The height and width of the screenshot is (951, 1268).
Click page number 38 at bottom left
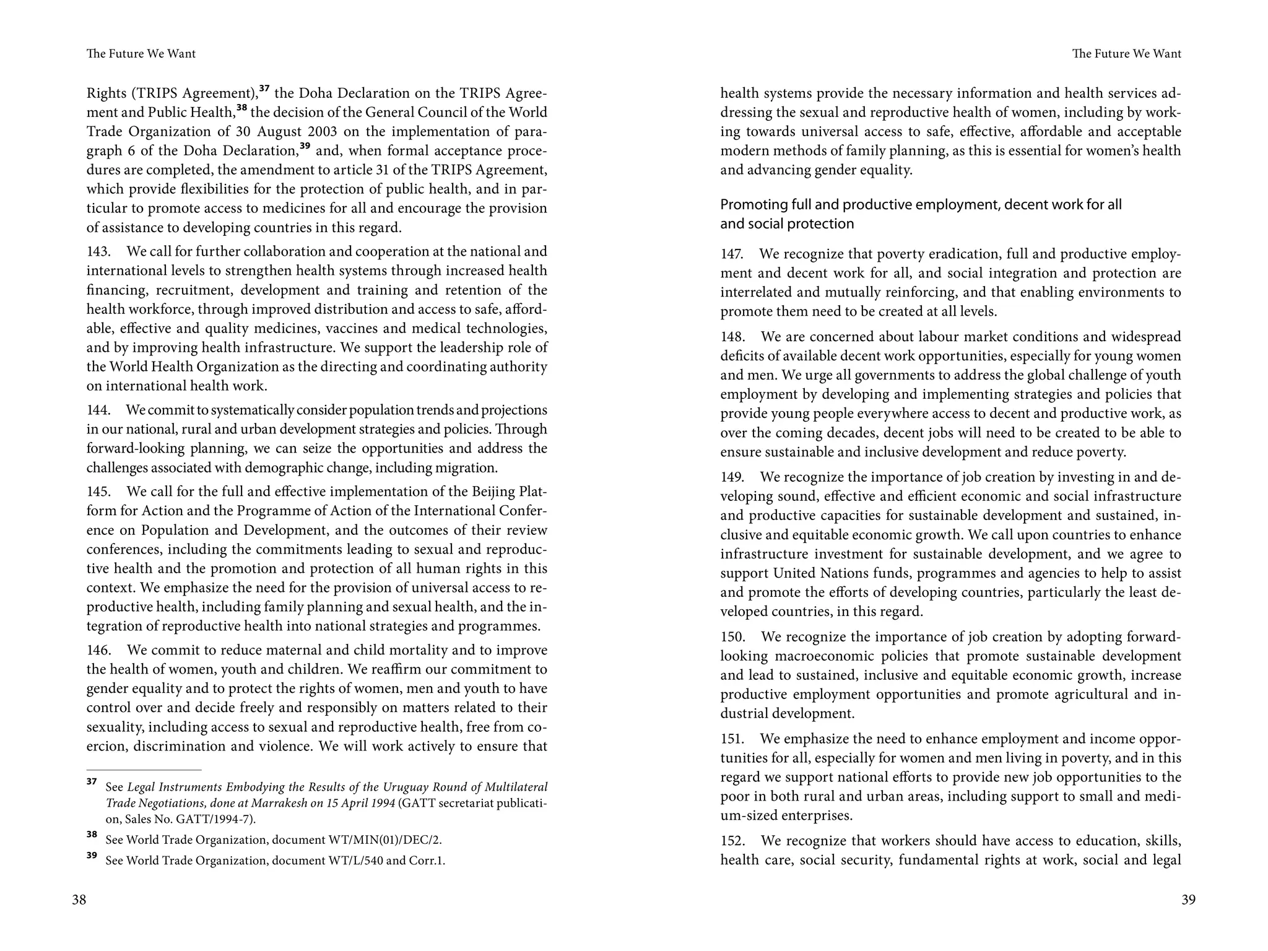pyautogui.click(x=79, y=900)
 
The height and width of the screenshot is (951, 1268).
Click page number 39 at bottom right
pyautogui.click(x=1188, y=900)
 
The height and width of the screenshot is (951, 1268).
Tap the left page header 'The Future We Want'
pyautogui.click(x=141, y=54)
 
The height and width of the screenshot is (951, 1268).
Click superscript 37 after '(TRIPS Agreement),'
pyautogui.click(x=264, y=89)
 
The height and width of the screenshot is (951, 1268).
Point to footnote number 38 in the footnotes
pyautogui.click(x=92, y=835)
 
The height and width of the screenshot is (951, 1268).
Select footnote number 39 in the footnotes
pyautogui.click(x=92, y=855)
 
